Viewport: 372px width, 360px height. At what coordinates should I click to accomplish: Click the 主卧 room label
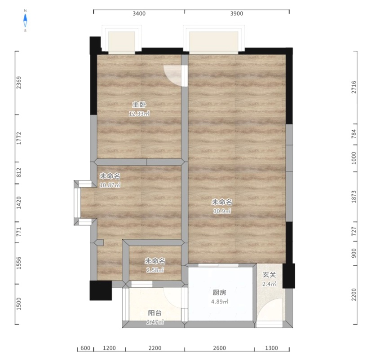pyautogui.click(x=139, y=104)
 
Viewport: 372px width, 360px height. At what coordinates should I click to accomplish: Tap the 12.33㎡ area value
pyautogui.click(x=139, y=114)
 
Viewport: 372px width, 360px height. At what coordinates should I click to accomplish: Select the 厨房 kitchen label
pyautogui.click(x=219, y=293)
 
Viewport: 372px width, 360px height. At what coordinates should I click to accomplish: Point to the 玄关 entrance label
pyautogui.click(x=269, y=275)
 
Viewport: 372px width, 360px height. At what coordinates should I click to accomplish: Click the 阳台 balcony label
pyautogui.click(x=155, y=313)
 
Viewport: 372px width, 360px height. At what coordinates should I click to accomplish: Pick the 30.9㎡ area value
pyautogui.click(x=222, y=211)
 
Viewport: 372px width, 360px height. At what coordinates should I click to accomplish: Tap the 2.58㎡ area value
pyautogui.click(x=155, y=270)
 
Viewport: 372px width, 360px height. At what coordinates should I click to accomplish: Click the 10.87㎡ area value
pyautogui.click(x=110, y=185)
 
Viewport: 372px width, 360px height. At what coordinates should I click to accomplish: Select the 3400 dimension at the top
pyautogui.click(x=139, y=13)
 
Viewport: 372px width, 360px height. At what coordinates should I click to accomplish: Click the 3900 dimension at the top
pyautogui.click(x=236, y=13)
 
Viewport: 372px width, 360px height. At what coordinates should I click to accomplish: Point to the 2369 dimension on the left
pyautogui.click(x=18, y=83)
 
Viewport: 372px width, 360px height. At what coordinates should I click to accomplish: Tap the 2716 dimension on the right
pyautogui.click(x=354, y=87)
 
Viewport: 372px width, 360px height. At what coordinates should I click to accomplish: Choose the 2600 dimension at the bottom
pyautogui.click(x=219, y=348)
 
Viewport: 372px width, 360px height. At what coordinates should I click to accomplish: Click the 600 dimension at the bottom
pyautogui.click(x=85, y=348)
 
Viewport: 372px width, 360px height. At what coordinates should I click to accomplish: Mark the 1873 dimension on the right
pyautogui.click(x=354, y=197)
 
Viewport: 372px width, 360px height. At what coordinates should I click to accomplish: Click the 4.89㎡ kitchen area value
pyautogui.click(x=219, y=302)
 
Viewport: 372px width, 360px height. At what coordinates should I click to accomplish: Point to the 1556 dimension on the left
pyautogui.click(x=18, y=263)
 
